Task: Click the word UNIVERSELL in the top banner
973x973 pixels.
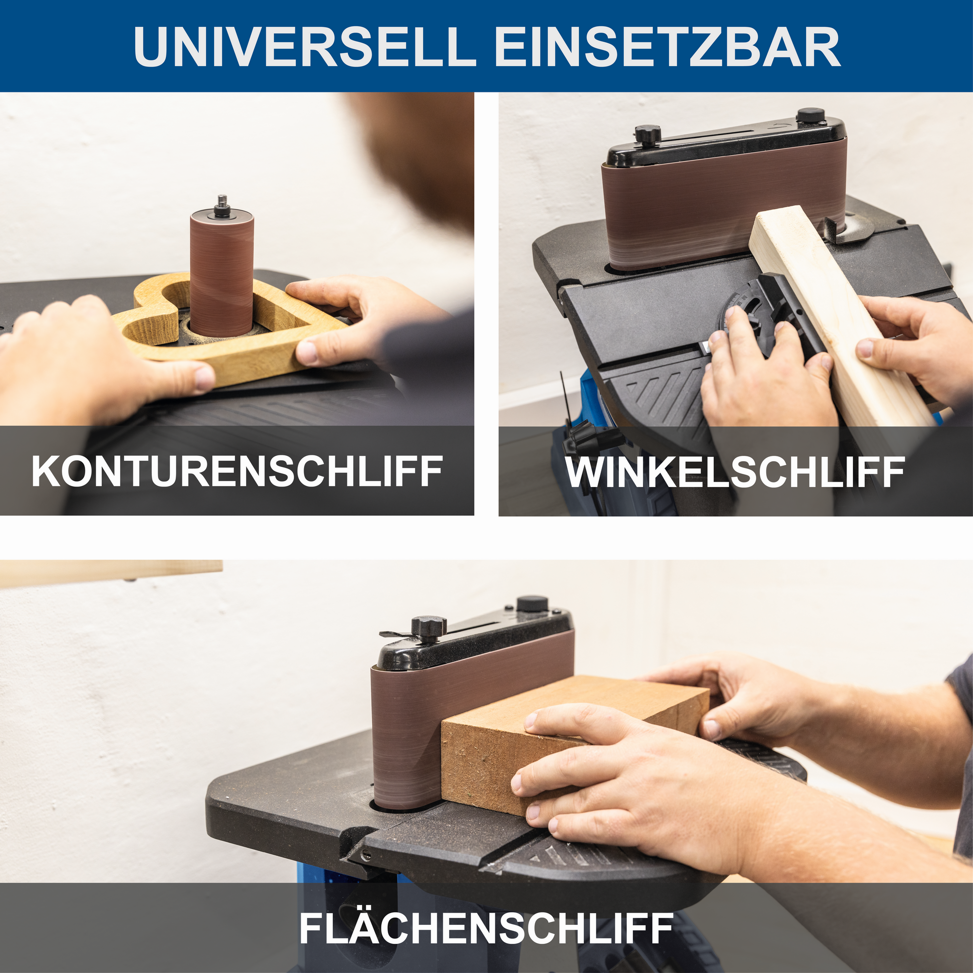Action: pyautogui.click(x=305, y=47)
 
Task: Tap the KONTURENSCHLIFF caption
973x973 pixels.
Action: pyautogui.click(x=237, y=471)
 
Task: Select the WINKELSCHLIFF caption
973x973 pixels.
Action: pyautogui.click(x=735, y=472)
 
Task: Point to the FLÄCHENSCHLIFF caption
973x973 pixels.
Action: pyautogui.click(x=486, y=927)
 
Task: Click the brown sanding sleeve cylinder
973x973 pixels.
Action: pyautogui.click(x=221, y=277)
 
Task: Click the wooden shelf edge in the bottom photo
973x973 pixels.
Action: pyautogui.click(x=111, y=573)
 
